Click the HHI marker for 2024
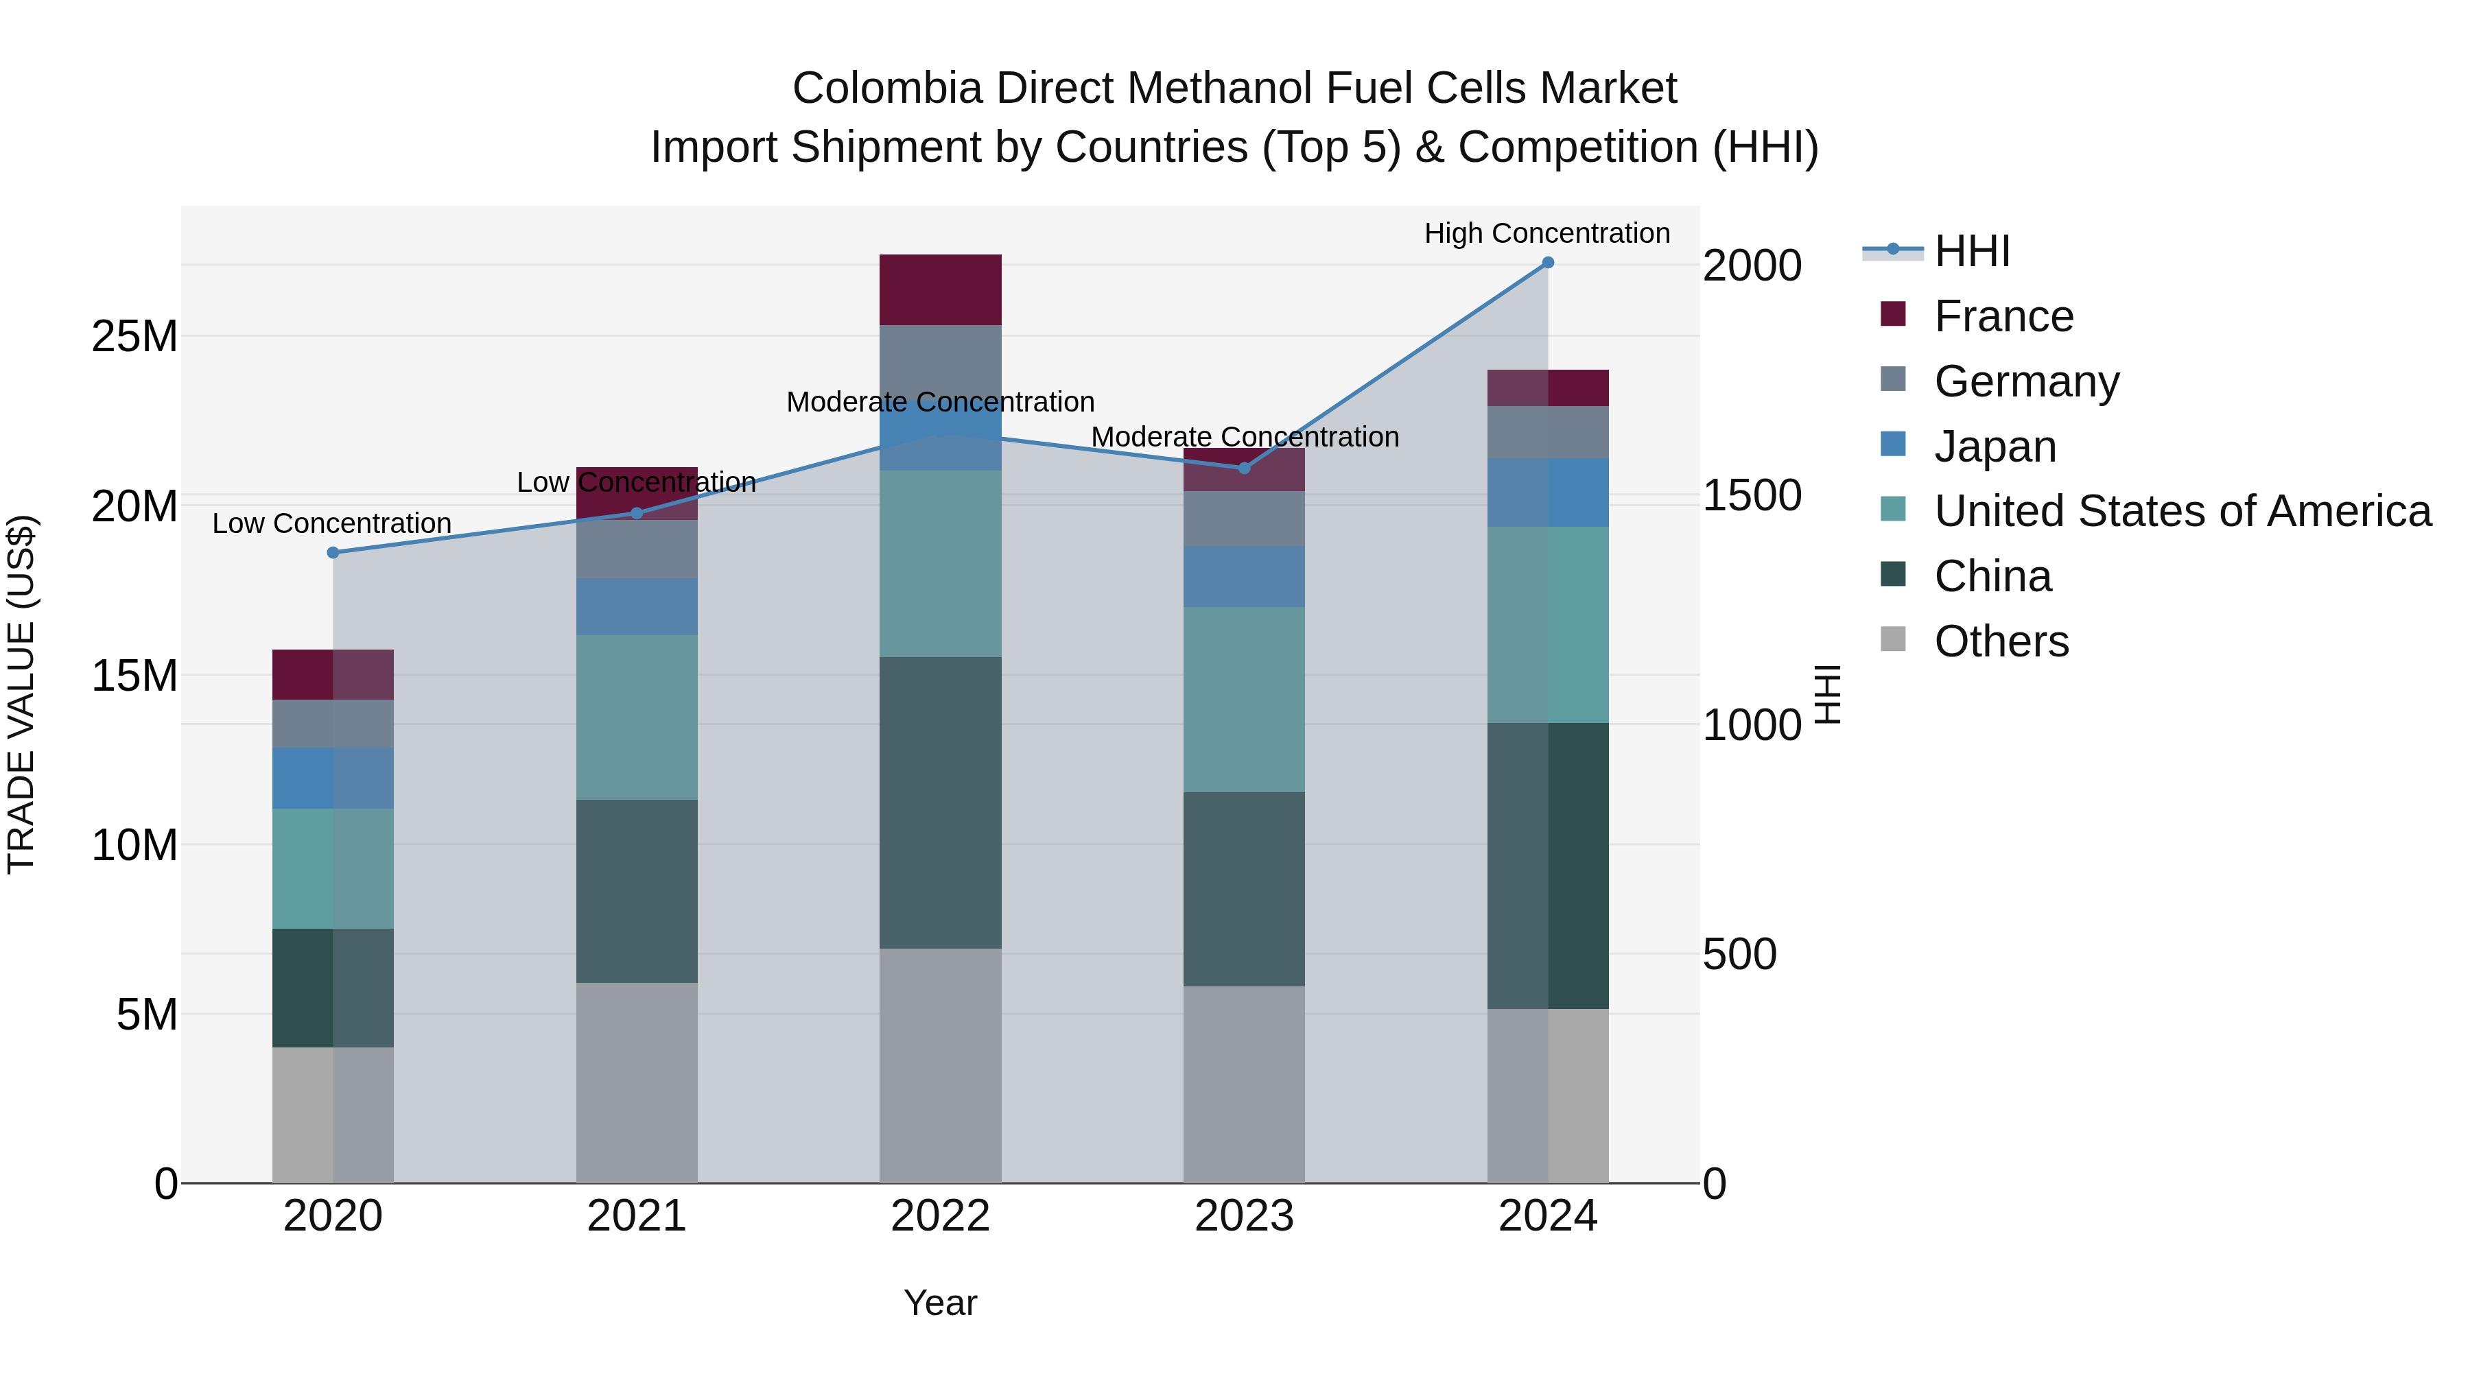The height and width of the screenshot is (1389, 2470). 1548,263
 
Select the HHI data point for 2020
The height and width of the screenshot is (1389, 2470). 333,553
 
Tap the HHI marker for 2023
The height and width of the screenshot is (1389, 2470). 1244,468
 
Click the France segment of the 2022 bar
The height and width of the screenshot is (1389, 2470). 940,289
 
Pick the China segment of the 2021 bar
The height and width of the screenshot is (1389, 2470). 637,892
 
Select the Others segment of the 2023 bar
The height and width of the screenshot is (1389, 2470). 1244,1084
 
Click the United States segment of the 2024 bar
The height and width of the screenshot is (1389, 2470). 1548,625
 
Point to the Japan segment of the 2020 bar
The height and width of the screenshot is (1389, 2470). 333,779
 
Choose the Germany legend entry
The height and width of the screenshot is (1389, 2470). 2025,381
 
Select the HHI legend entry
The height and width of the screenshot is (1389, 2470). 1971,251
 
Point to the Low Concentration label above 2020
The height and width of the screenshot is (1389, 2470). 332,523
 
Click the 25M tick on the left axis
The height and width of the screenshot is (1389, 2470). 134,337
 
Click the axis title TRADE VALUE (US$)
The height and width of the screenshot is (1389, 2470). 22,694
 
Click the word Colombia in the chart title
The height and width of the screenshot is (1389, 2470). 887,89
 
